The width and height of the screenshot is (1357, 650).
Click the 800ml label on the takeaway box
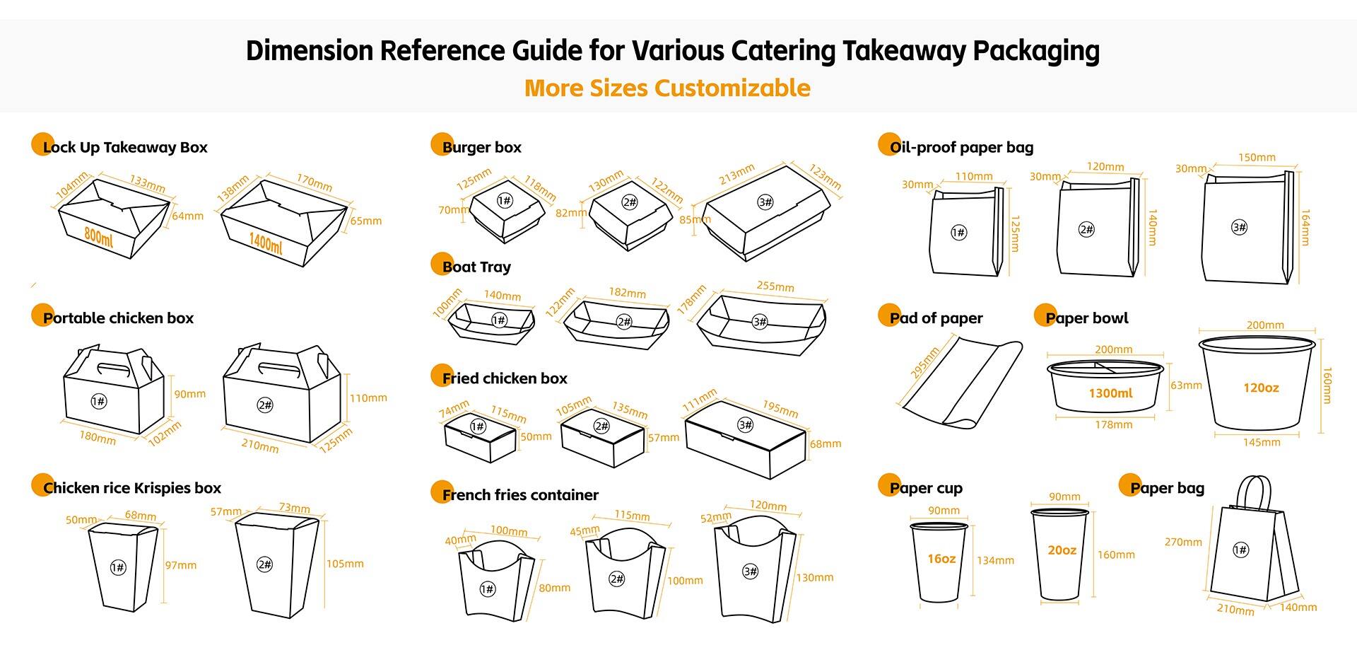pyautogui.click(x=98, y=236)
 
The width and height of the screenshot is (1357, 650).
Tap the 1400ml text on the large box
pyautogui.click(x=266, y=243)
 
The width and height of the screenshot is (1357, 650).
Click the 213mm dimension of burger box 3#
pyautogui.click(x=736, y=175)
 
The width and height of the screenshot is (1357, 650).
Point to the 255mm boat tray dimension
pyautogui.click(x=775, y=286)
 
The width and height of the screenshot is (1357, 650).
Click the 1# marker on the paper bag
pyautogui.click(x=1240, y=550)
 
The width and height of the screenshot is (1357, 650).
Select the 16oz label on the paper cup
pyautogui.click(x=941, y=559)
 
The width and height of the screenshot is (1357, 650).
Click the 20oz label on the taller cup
pyautogui.click(x=1062, y=550)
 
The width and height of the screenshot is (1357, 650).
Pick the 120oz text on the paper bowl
pyautogui.click(x=1261, y=388)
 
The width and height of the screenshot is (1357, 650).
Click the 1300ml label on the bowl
pyautogui.click(x=1110, y=393)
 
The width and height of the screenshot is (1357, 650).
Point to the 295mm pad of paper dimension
pyautogui.click(x=924, y=362)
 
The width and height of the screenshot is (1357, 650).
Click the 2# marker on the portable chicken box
pyautogui.click(x=265, y=405)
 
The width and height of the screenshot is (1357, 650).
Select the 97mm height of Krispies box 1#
pyautogui.click(x=181, y=565)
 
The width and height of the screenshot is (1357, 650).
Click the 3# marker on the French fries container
pyautogui.click(x=751, y=571)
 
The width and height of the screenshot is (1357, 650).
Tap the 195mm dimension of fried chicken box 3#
pyautogui.click(x=780, y=409)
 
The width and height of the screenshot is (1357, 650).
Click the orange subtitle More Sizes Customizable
pyautogui.click(x=667, y=88)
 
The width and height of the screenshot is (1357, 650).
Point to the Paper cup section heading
pyautogui.click(x=925, y=488)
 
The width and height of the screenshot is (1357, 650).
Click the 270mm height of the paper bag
pyautogui.click(x=1183, y=542)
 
